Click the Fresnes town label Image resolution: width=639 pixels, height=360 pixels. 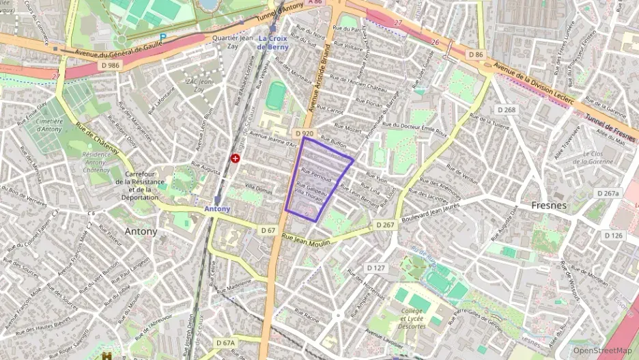[549, 204]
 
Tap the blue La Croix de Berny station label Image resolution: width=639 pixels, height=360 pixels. [275, 42]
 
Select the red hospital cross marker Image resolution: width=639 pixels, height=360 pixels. [236, 158]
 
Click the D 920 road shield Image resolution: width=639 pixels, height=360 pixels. [304, 133]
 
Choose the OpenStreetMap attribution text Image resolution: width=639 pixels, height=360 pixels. [602, 350]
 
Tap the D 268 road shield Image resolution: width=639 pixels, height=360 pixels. [506, 109]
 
